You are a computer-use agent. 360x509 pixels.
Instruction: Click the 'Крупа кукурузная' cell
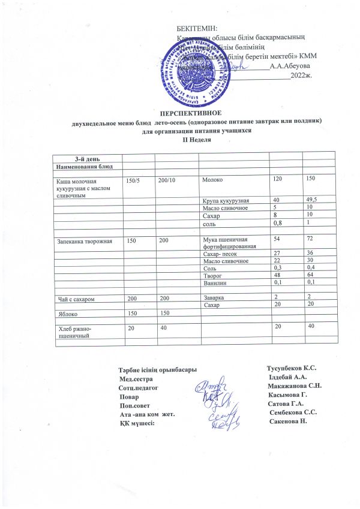(x=227, y=200)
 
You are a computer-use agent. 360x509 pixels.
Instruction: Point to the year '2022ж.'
(x=301, y=76)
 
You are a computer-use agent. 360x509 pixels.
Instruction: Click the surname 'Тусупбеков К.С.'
(x=292, y=367)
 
